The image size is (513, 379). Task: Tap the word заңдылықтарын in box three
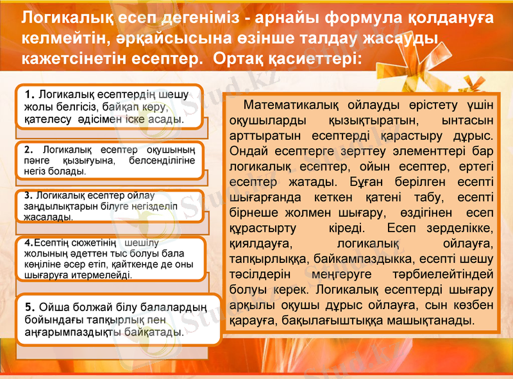51,206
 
